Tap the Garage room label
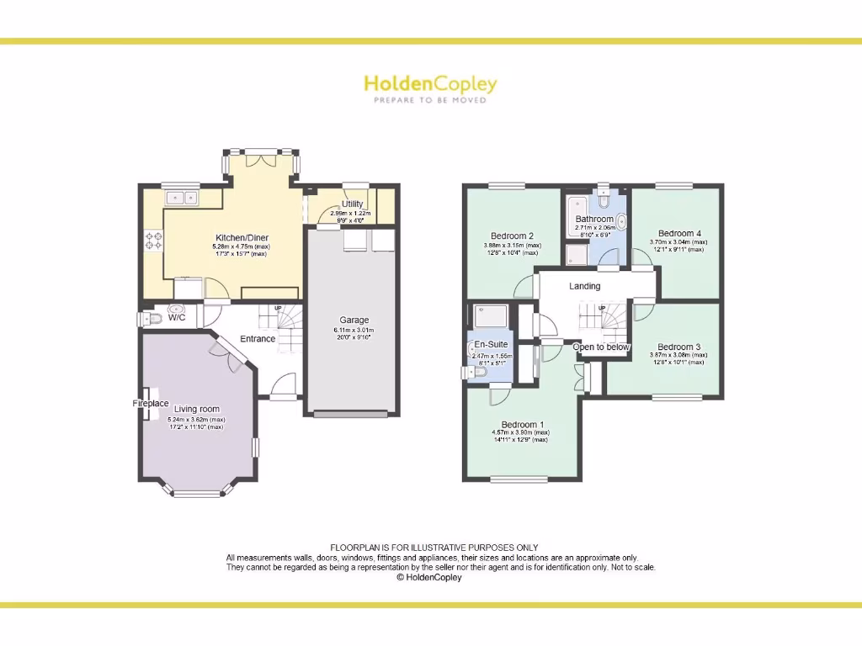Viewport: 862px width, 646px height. click(354, 320)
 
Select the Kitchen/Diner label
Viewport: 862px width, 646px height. click(241, 238)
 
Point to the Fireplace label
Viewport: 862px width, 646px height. click(151, 404)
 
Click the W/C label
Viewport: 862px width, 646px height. click(177, 317)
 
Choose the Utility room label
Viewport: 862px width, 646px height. click(352, 204)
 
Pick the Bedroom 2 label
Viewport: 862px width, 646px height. click(513, 236)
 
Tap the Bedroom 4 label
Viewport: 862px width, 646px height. click(679, 233)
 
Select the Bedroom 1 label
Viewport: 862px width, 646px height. click(523, 424)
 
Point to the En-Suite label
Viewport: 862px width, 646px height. click(491, 345)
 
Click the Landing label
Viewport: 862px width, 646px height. click(585, 286)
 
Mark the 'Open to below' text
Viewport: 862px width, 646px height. click(601, 347)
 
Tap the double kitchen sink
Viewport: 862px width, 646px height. click(181, 198)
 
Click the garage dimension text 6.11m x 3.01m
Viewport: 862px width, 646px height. click(354, 331)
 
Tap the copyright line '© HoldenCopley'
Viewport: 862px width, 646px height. click(429, 578)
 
